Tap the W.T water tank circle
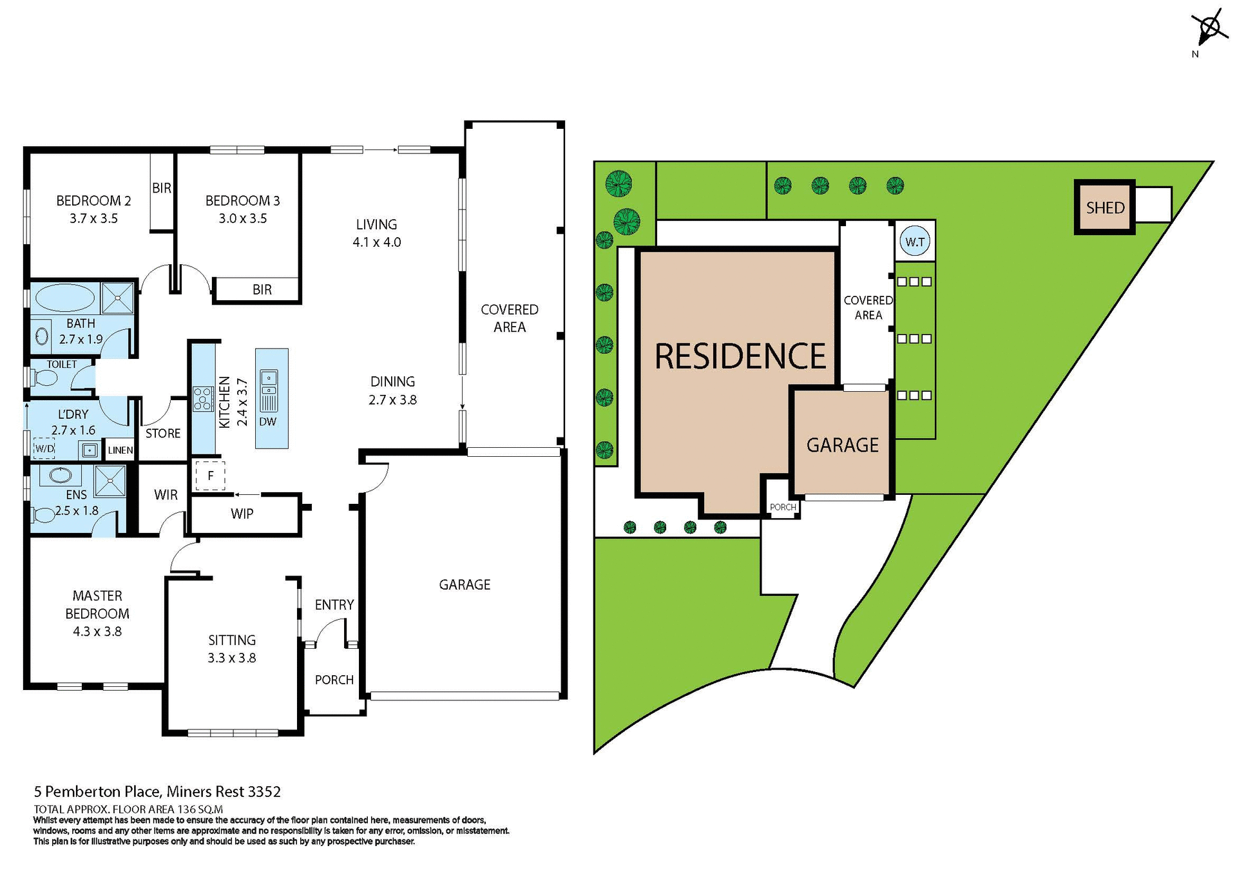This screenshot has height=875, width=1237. coord(915,242)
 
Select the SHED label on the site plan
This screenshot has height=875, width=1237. coord(1105,207)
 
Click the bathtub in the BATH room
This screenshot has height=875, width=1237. coord(64,298)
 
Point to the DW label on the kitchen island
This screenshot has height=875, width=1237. coord(267,422)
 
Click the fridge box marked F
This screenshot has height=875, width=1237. coord(210,476)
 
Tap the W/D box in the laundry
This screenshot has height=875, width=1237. coord(44,448)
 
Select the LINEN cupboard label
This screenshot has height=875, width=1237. coord(120,450)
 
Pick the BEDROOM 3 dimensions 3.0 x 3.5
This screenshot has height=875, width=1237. coord(242,218)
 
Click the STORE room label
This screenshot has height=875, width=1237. coord(163,434)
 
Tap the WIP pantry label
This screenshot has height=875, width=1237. coord(242,514)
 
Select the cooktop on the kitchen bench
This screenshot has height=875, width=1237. coord(203,398)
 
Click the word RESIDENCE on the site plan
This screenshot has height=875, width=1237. coord(740,356)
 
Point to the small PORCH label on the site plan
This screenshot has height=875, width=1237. coord(783,507)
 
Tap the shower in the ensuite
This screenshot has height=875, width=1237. coord(110,481)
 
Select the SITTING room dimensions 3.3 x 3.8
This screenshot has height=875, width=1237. coord(231,658)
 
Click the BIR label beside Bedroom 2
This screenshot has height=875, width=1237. coord(162,187)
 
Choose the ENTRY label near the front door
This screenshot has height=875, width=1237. coord(334,604)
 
